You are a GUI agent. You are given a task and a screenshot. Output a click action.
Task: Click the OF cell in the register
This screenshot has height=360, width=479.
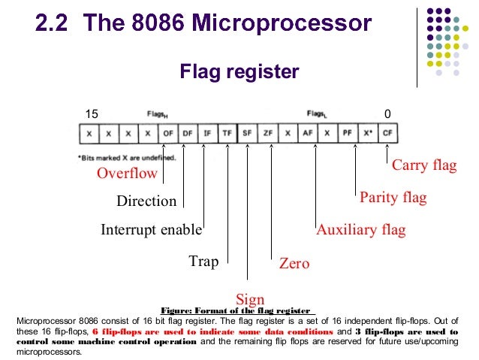point(168,133)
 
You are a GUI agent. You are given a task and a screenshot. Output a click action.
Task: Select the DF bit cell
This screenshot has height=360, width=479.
point(188,133)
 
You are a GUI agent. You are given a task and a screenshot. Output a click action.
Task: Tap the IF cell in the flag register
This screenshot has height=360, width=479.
point(207,133)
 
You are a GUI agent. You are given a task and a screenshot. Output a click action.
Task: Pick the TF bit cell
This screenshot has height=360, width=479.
point(227,133)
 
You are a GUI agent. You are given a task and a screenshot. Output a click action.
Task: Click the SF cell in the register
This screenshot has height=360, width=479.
point(247,133)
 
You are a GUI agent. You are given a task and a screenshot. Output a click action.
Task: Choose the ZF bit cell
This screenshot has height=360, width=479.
point(267,133)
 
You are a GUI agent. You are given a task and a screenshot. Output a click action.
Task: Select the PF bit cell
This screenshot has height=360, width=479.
point(347,133)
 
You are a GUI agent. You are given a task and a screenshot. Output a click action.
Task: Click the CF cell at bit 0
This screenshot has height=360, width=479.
point(387,133)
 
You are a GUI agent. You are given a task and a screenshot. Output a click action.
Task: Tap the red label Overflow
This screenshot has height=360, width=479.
point(127,174)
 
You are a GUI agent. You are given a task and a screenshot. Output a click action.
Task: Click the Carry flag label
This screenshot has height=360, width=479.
point(424,165)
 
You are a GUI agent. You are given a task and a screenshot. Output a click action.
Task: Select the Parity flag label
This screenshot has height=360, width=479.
point(393,198)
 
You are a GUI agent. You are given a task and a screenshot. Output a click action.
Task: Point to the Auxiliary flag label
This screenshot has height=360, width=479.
point(360,230)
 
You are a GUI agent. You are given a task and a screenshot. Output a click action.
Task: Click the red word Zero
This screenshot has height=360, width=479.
point(294,264)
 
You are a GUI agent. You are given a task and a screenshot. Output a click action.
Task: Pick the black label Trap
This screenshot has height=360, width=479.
point(203,262)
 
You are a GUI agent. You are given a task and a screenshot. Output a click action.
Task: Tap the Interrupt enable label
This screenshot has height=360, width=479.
point(152,230)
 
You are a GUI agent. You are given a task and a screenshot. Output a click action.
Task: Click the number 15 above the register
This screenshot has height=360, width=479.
point(92,113)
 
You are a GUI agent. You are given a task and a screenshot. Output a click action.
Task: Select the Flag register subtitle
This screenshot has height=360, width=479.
point(239,72)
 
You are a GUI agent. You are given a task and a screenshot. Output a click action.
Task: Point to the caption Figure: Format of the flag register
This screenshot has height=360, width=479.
point(237,310)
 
